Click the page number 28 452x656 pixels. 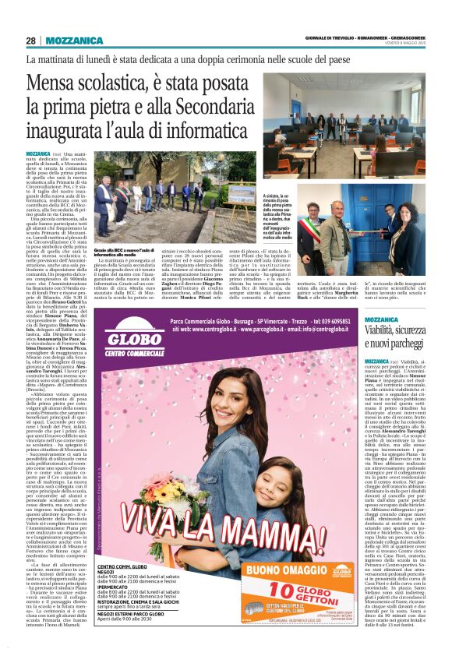pos(31,41)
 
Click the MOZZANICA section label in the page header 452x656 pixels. pos(75,41)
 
